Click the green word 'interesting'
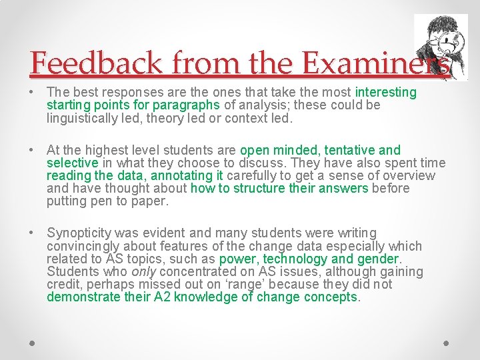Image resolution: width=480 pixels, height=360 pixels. pyautogui.click(x=386, y=92)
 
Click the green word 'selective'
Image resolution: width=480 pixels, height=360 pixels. pyautogui.click(x=72, y=163)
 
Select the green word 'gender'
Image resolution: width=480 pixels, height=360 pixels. pyautogui.click(x=378, y=259)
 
